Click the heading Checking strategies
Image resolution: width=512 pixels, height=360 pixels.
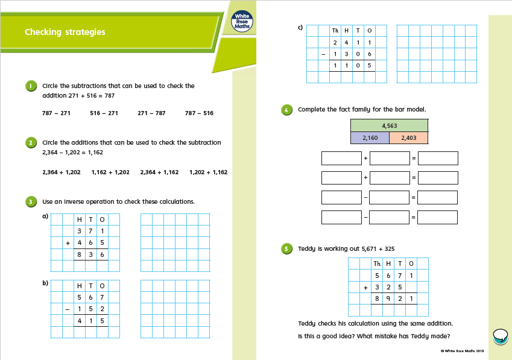coord(65,32)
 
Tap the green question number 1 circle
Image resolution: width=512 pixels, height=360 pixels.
coord(31,86)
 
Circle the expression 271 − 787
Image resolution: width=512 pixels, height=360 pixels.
coord(151,113)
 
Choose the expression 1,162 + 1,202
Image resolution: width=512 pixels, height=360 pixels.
coord(110,172)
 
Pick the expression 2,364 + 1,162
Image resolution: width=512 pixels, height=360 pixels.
coord(159,172)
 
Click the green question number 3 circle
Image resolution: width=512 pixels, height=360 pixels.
coord(31,201)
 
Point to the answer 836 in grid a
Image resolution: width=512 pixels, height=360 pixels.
coord(90,254)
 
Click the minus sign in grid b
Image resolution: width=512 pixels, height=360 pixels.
coord(68,309)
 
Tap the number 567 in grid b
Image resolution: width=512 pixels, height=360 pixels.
coord(90,297)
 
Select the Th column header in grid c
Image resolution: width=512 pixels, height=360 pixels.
coord(335,30)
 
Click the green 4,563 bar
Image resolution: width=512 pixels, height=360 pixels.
coord(389,125)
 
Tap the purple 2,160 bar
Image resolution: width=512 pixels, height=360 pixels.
coord(370,138)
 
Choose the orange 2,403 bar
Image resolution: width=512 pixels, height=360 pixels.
coord(408,138)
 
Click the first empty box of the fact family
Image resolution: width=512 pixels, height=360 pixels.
coord(341,159)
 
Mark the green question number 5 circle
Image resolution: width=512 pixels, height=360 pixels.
coord(287,248)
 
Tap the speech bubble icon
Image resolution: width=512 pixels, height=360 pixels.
coord(500,335)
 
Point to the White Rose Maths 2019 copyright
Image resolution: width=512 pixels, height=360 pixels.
coord(463,350)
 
